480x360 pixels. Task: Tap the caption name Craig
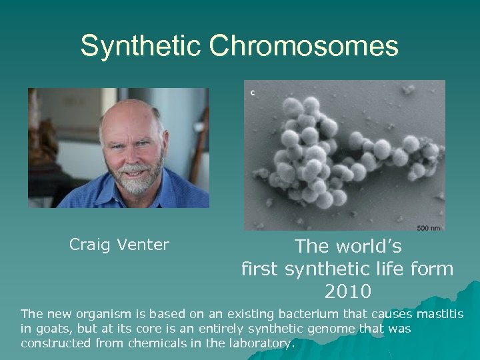coord(91,245)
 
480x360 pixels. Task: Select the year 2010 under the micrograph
coord(347,291)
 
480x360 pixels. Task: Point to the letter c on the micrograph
coord(252,93)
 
